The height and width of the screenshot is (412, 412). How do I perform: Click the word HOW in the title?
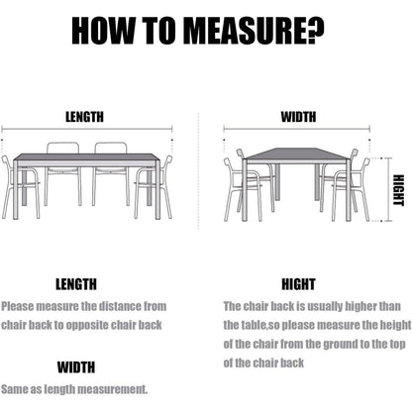[x=103, y=31]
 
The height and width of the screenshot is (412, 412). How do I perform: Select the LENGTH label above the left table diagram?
[x=84, y=117]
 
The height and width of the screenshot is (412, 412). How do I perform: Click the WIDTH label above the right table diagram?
[x=298, y=117]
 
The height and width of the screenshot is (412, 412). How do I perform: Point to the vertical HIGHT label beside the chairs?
[x=398, y=190]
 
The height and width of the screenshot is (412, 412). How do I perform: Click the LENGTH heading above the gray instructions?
[x=76, y=284]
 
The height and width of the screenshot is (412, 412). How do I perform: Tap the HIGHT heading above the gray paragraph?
[x=298, y=284]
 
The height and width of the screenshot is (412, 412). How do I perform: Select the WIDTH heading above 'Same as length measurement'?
[x=76, y=367]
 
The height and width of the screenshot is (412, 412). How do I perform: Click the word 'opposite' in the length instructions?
[x=87, y=326]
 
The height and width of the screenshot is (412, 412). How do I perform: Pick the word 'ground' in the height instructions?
[x=341, y=345]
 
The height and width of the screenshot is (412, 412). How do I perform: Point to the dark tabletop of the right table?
[x=296, y=154]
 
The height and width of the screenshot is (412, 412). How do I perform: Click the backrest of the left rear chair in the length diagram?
[x=62, y=149]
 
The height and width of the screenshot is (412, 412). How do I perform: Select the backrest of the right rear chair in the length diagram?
[x=111, y=149]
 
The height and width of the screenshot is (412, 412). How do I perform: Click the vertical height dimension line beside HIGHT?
[x=389, y=190]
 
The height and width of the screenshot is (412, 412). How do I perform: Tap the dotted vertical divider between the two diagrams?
[x=198, y=171]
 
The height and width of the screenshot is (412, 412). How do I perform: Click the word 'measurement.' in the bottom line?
[x=113, y=389]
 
